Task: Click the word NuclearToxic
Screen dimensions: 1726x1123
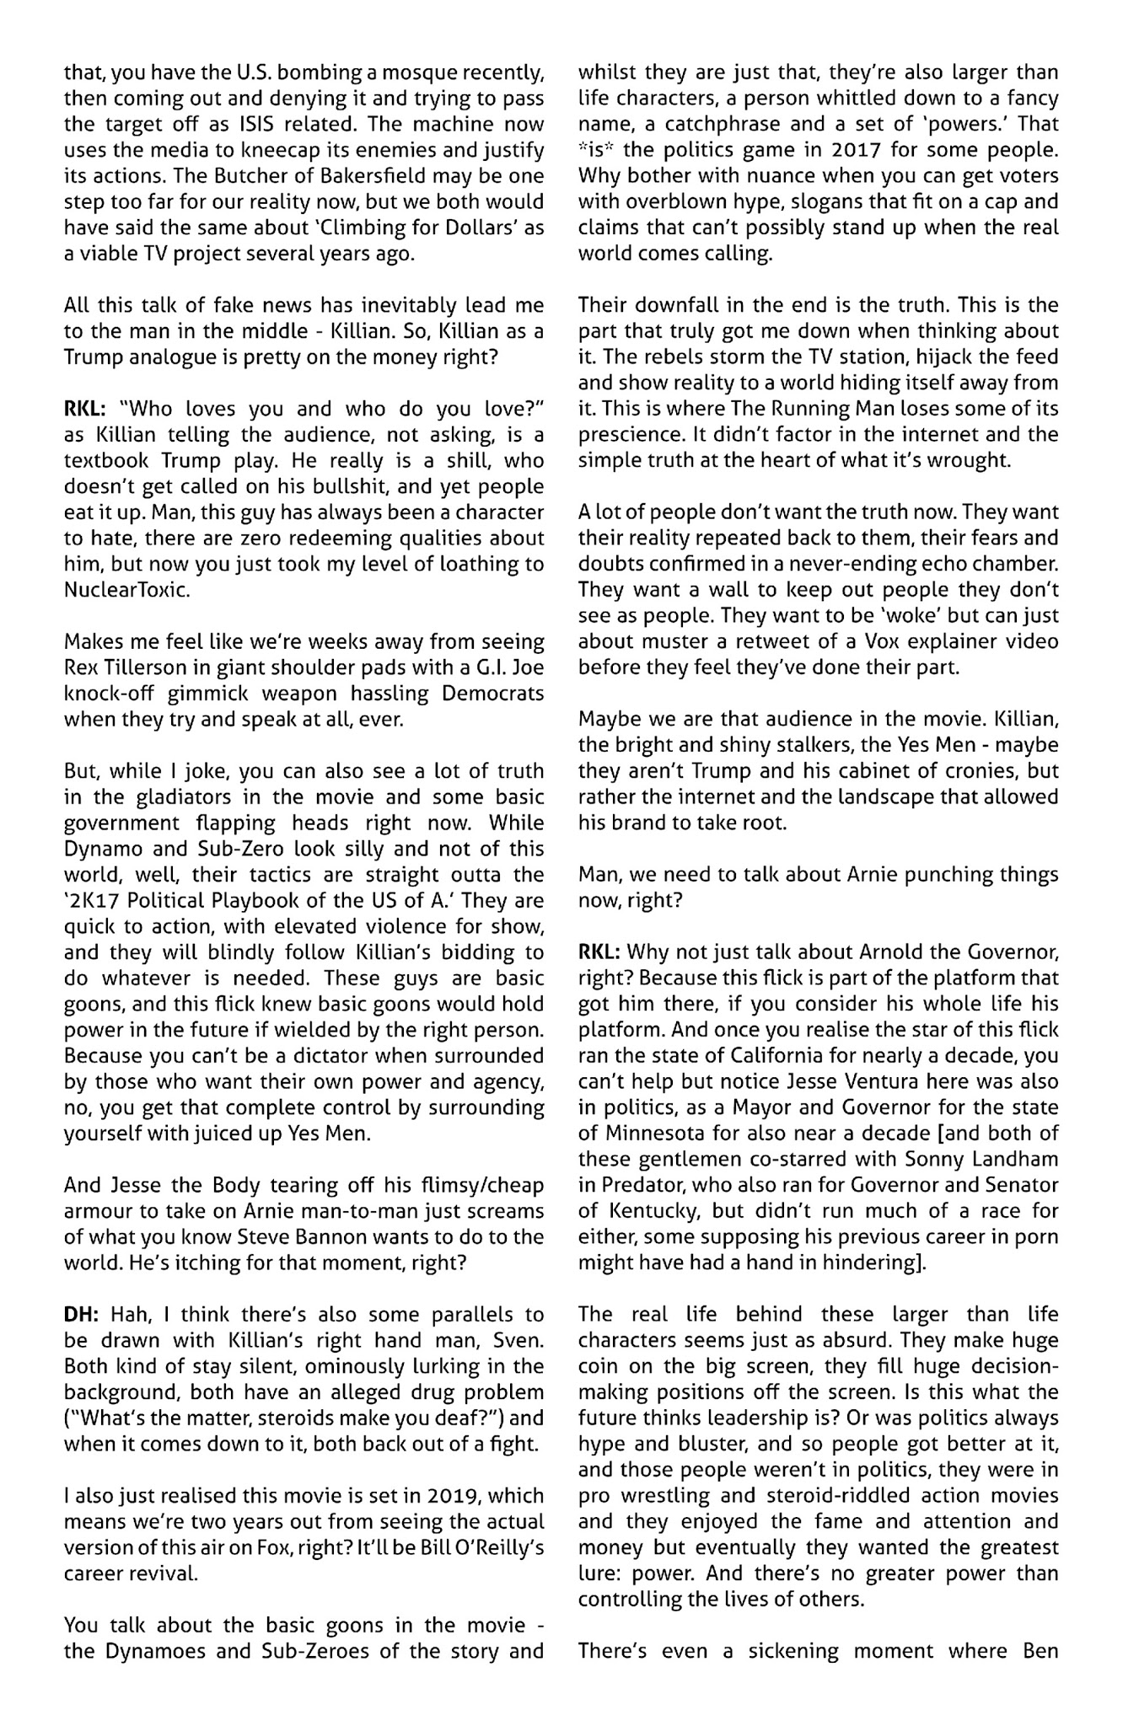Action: click(127, 590)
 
